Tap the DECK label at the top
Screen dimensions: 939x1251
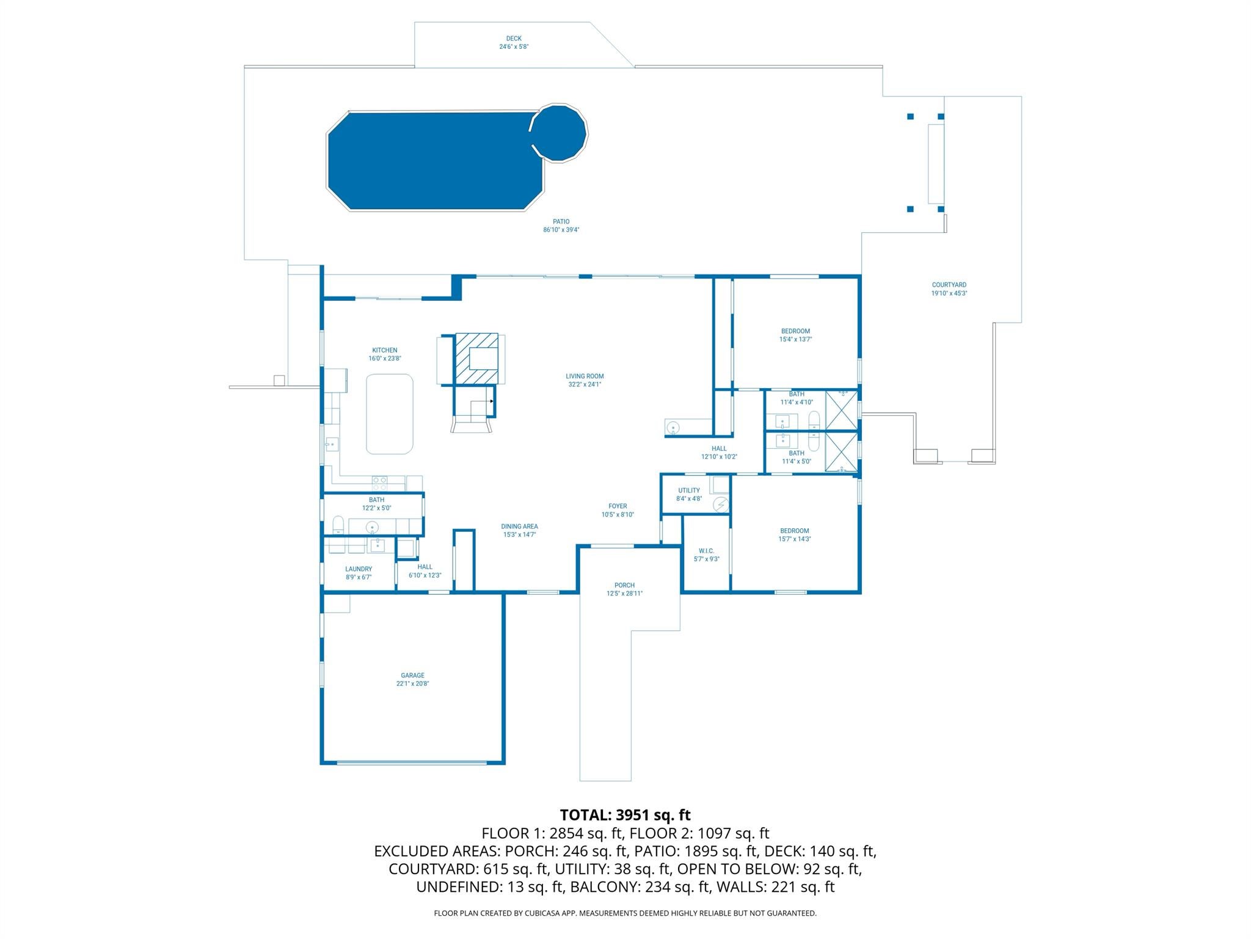coord(514,39)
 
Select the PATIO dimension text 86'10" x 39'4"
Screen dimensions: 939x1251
coord(561,230)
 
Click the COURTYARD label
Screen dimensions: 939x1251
coord(949,285)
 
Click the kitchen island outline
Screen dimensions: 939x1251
coord(390,414)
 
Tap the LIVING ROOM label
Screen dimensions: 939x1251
coord(585,377)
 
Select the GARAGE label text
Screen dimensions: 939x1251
coord(412,676)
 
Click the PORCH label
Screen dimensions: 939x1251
coord(624,585)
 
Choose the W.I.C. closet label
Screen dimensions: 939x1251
coord(706,551)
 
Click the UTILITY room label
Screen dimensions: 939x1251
coord(688,490)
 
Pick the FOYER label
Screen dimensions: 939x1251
coord(618,506)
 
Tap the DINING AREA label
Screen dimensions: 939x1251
coord(519,526)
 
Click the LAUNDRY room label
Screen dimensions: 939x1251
coord(359,569)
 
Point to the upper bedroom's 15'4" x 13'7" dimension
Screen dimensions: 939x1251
coord(795,339)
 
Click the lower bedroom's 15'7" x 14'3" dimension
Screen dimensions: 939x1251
coord(795,539)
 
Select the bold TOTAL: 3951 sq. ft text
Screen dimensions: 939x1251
coord(625,815)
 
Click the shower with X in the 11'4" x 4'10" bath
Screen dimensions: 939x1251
coord(841,410)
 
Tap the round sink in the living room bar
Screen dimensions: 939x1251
coord(673,427)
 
